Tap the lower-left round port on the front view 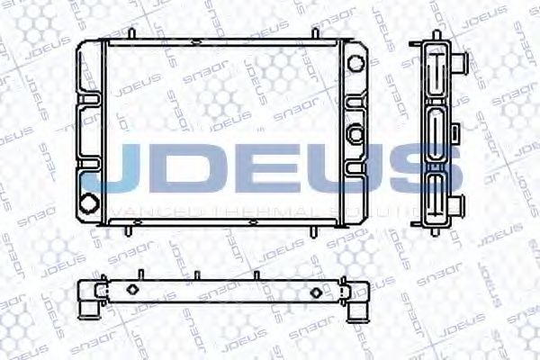[x=89, y=202]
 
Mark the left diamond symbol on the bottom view [x=131, y=290]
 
